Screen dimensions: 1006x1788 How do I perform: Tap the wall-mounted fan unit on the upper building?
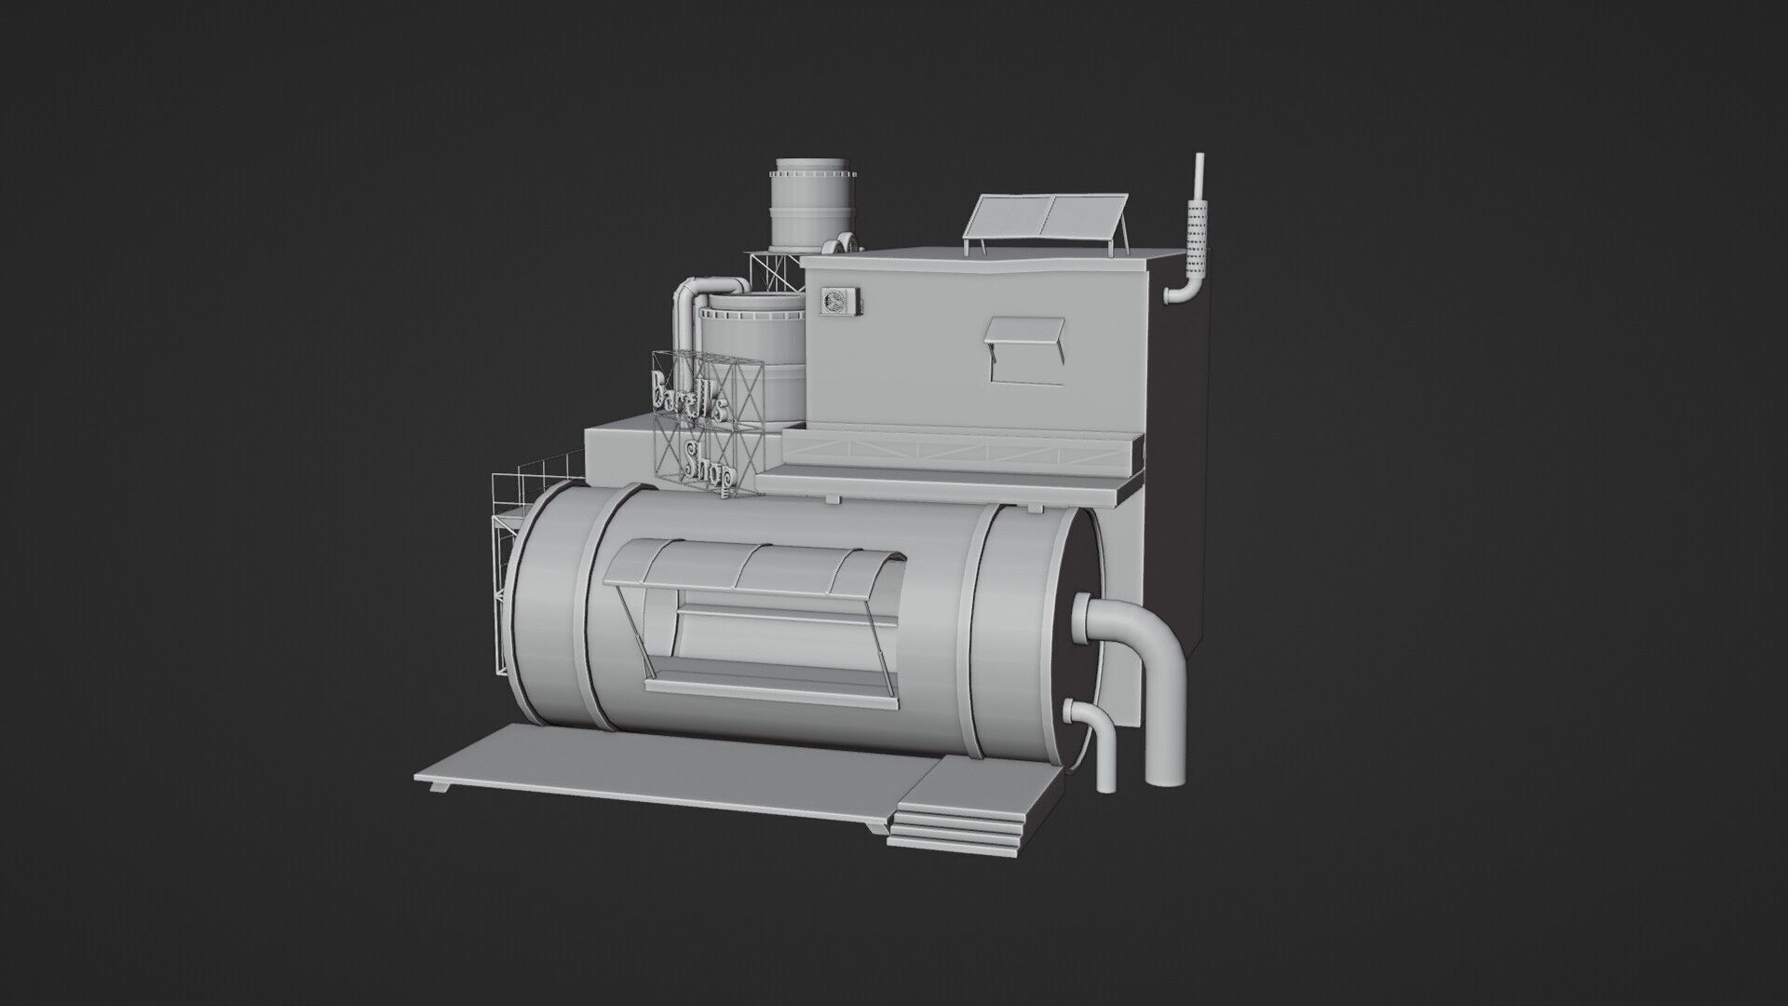point(835,301)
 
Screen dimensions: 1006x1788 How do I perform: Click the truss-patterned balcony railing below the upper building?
point(959,455)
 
